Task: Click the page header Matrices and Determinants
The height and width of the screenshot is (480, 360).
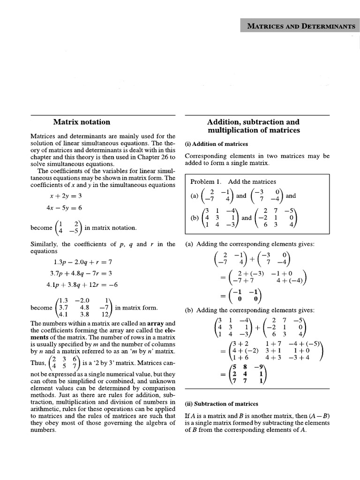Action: [301, 26]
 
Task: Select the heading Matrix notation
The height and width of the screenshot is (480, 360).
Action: [82, 122]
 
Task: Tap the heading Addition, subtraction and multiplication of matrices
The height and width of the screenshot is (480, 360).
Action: [257, 126]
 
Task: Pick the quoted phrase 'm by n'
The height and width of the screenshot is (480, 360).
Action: [141, 351]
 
